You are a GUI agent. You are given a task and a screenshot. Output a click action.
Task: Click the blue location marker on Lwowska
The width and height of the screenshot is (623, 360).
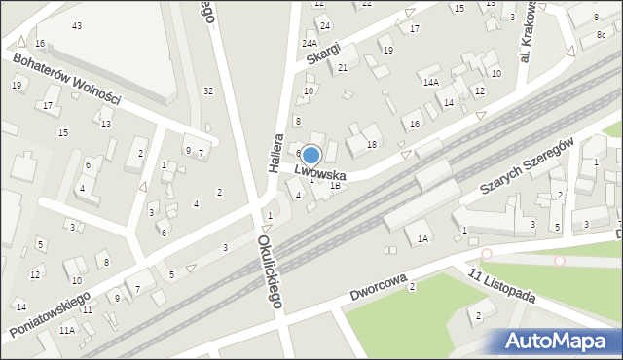(311, 155)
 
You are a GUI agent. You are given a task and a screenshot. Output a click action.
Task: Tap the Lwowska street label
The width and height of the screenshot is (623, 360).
(321, 173)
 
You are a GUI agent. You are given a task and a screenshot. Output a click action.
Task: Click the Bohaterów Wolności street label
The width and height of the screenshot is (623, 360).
(66, 79)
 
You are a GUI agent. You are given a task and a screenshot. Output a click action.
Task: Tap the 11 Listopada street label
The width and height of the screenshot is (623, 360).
(502, 286)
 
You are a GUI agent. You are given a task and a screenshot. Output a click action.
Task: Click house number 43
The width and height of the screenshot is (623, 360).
(77, 25)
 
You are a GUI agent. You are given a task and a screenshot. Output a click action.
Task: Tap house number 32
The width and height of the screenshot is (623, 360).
(208, 90)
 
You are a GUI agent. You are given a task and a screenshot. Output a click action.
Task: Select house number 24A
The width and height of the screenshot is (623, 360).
(310, 44)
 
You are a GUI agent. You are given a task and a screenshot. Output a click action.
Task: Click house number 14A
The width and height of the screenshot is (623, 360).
(430, 83)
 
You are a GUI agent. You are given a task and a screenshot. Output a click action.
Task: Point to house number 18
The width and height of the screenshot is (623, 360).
(371, 145)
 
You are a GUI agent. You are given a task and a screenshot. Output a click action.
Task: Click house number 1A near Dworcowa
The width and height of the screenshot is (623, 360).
(422, 238)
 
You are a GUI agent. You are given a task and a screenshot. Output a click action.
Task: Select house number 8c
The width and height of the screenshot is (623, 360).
(601, 35)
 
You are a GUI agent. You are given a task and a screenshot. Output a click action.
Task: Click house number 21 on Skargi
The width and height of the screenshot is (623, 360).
(343, 68)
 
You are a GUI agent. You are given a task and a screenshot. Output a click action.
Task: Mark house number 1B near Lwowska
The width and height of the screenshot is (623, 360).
(336, 185)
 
